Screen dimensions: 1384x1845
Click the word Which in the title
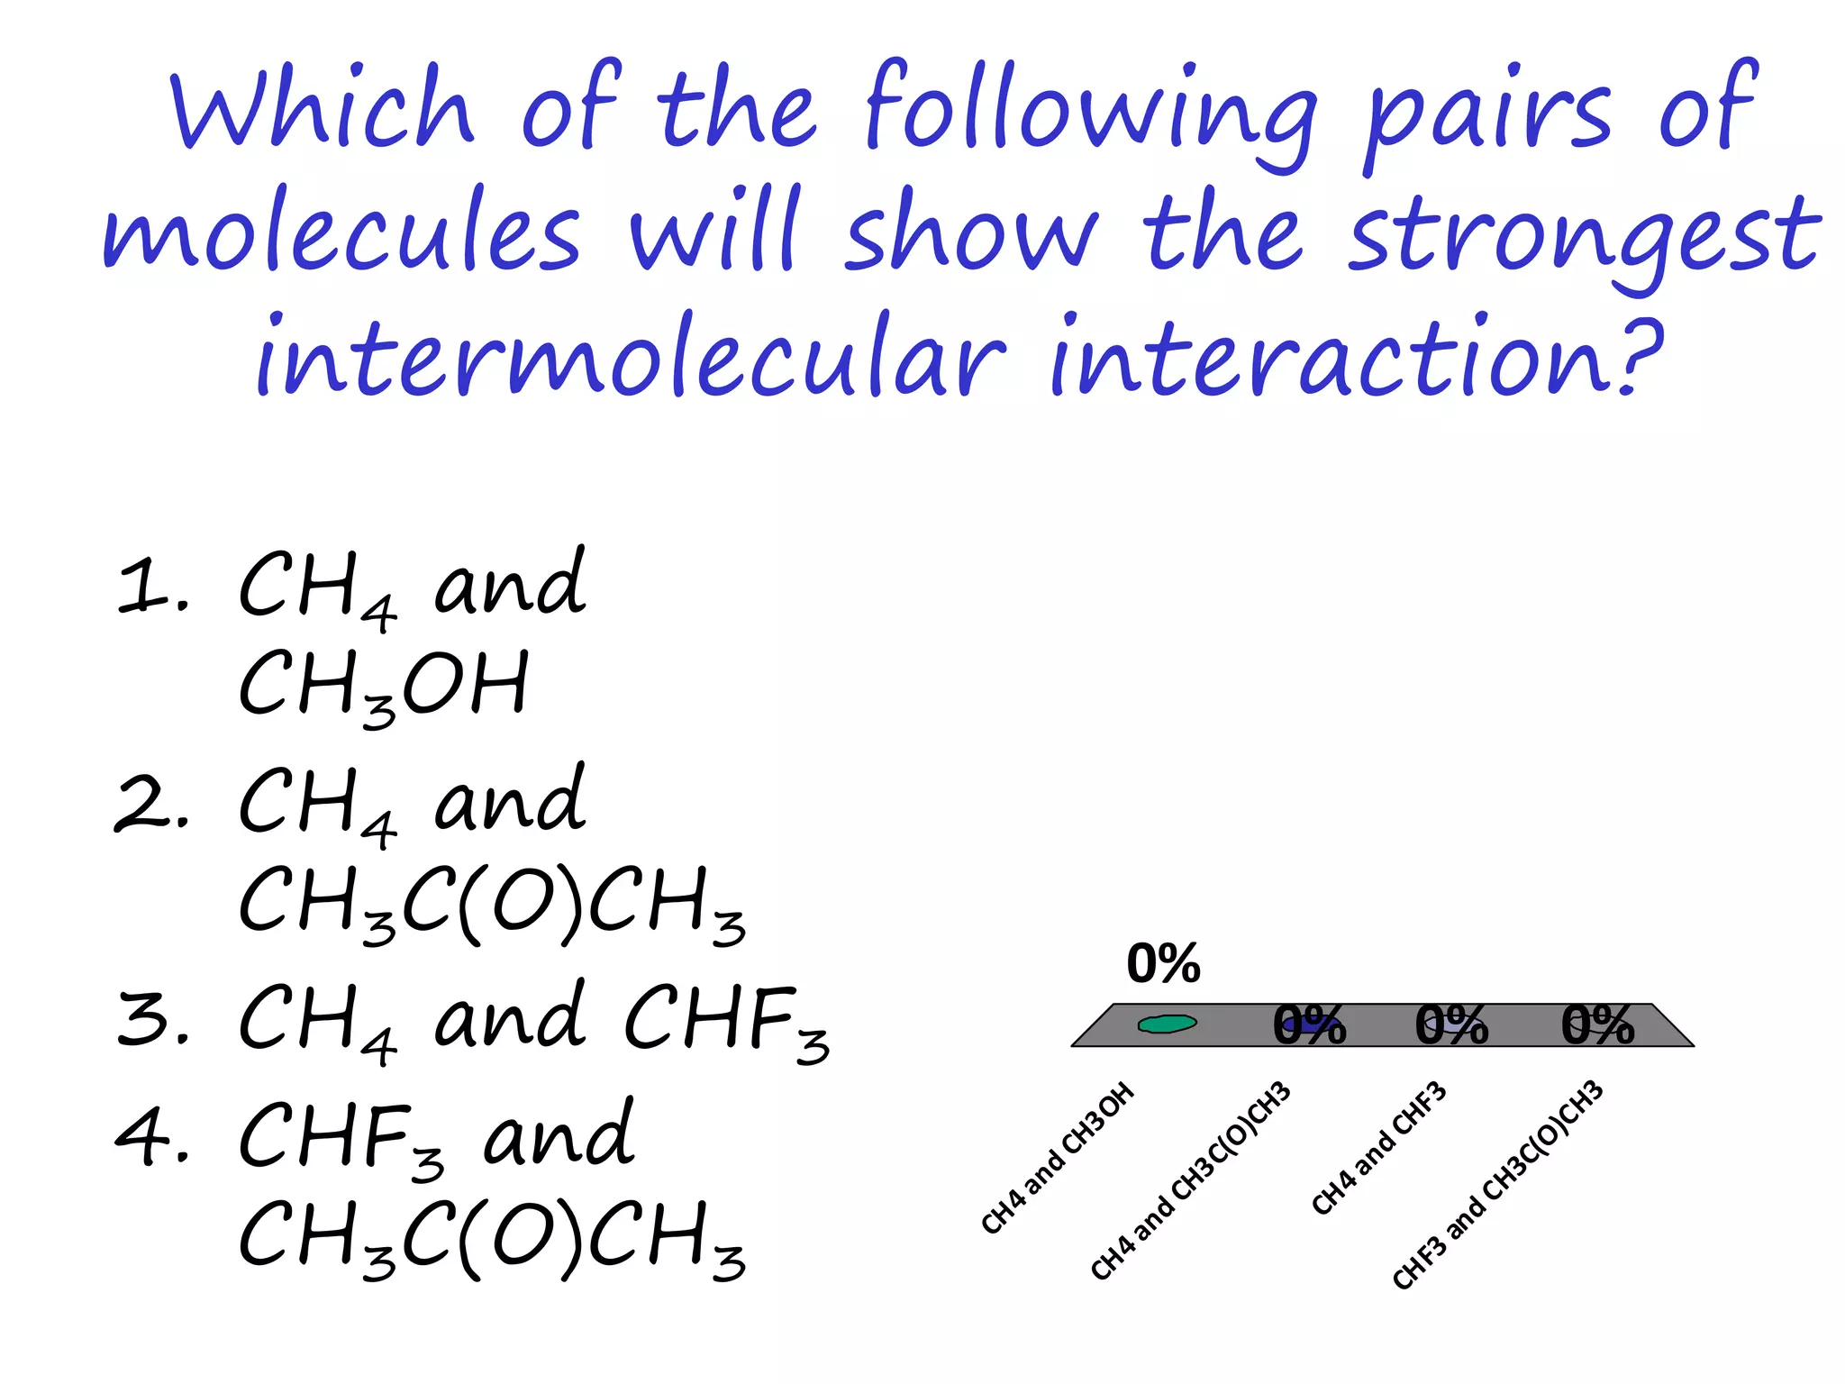coord(323,108)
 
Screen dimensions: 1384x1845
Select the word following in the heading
coord(1090,113)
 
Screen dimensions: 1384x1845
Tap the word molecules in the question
coord(342,230)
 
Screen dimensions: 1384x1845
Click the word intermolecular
coord(631,356)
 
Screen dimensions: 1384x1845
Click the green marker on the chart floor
coord(1167,1024)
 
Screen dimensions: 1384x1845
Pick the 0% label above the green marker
coord(1163,963)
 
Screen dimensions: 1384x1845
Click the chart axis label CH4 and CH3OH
coord(1058,1158)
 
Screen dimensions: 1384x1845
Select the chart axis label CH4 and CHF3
coord(1379,1148)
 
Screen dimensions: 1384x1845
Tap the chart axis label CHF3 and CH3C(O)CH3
coord(1498,1185)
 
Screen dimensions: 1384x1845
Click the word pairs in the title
coord(1486,113)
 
